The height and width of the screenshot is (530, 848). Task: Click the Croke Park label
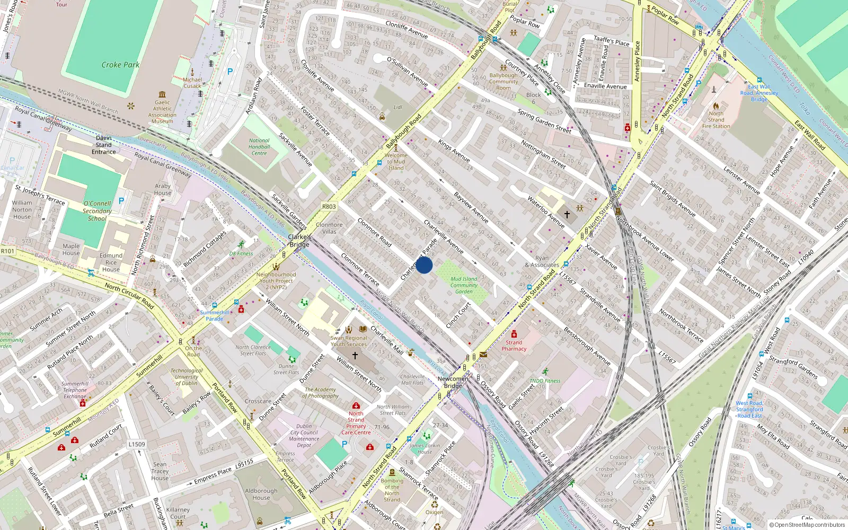(120, 65)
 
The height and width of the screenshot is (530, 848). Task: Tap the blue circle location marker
(424, 265)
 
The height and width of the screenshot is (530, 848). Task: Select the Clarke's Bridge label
(299, 241)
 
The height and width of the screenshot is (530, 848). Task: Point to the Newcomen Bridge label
(453, 382)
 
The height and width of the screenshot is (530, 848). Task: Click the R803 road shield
(329, 207)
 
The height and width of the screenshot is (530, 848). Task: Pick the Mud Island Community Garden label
(464, 285)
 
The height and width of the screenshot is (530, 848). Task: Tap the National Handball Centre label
(259, 147)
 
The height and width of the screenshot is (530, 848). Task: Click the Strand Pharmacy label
(514, 346)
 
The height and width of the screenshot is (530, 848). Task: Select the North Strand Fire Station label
(716, 120)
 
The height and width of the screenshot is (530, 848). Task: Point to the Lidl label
(398, 107)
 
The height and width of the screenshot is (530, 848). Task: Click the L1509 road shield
(136, 444)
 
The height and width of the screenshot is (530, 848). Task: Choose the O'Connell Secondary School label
(97, 211)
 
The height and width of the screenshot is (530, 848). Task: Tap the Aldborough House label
(261, 494)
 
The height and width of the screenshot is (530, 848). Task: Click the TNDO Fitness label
(545, 381)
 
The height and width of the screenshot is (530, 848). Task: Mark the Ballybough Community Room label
(503, 82)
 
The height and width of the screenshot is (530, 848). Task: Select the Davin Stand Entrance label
(104, 145)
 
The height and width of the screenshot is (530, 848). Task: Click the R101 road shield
(7, 251)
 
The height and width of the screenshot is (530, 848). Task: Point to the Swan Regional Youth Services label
(349, 341)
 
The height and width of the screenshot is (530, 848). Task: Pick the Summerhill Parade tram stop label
(215, 315)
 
